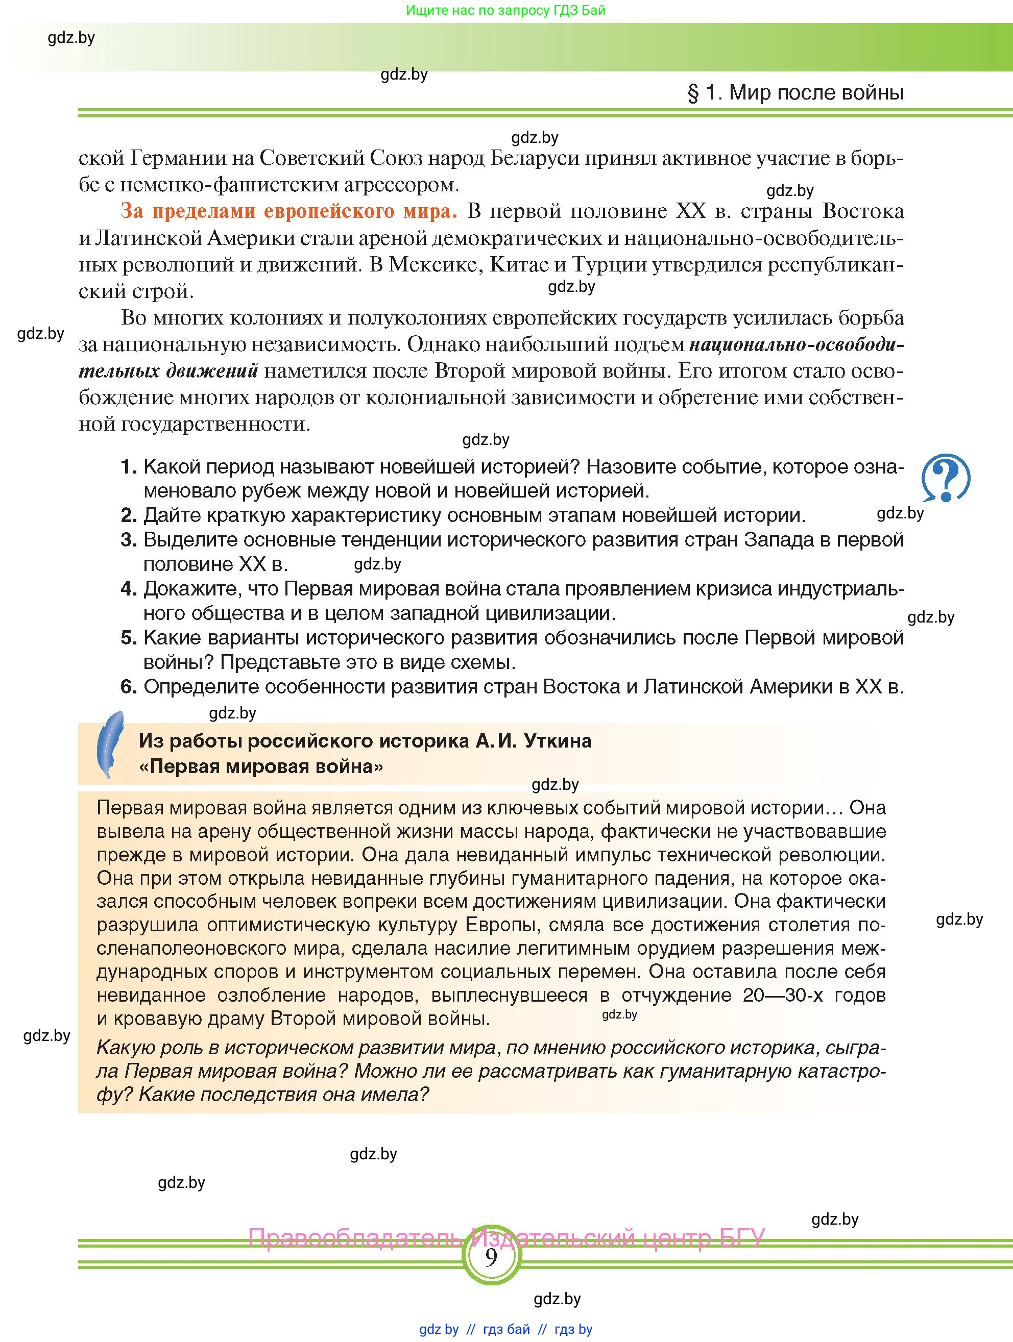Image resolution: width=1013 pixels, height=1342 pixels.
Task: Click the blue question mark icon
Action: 945,478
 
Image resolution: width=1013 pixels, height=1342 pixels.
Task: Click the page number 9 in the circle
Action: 491,1255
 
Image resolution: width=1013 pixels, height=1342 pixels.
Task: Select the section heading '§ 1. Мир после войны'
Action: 795,93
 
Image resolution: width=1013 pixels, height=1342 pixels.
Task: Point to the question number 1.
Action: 128,467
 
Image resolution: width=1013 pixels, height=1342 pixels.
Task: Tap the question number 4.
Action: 128,588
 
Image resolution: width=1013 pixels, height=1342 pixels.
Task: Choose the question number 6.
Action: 128,687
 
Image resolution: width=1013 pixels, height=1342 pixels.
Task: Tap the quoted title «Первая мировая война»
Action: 261,767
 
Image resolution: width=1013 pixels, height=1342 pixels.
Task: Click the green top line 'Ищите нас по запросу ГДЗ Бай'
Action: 505,10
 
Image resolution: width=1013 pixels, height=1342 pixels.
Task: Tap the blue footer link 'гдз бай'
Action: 506,1329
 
